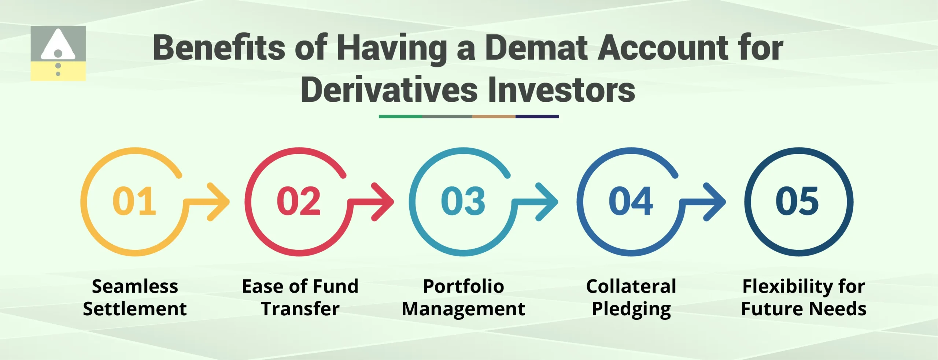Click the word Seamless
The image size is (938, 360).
pyautogui.click(x=135, y=286)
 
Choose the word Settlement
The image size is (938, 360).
pyautogui.click(x=135, y=309)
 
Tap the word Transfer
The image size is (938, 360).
pyautogui.click(x=300, y=309)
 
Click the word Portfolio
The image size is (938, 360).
pyautogui.click(x=464, y=286)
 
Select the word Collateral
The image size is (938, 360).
pyautogui.click(x=631, y=286)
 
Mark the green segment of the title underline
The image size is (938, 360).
pyautogui.click(x=400, y=116)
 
